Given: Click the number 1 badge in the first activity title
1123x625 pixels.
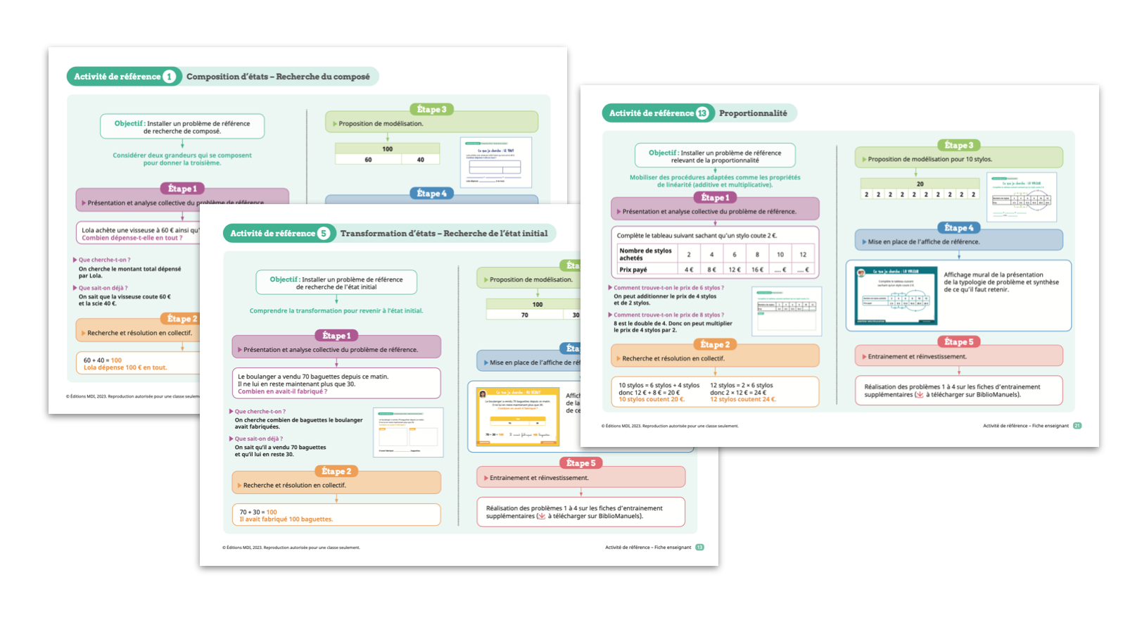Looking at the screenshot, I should point(170,77).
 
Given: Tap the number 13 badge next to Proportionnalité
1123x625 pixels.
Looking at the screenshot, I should point(702,113).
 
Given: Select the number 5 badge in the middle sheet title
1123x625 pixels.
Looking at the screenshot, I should point(324,234).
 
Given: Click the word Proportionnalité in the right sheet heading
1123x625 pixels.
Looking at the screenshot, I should point(753,113).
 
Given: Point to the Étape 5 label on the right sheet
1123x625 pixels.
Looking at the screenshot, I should point(958,342).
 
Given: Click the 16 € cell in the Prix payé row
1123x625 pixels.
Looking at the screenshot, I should point(757,270).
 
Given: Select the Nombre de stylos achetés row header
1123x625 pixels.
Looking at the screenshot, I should point(645,254).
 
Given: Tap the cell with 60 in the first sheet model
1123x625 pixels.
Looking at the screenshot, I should point(368,160).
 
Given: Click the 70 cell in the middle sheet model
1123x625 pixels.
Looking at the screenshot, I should point(524,315).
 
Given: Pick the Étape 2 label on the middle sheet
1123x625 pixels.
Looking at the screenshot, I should point(336,472).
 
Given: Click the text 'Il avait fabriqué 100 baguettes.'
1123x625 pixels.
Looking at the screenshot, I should point(286,519).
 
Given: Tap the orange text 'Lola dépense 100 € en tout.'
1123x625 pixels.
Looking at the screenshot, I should point(125,367).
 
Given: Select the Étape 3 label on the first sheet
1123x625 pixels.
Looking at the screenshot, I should point(431,109).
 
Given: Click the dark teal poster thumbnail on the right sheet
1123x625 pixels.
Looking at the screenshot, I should point(895,296).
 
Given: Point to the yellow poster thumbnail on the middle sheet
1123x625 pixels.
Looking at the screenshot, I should point(517,417).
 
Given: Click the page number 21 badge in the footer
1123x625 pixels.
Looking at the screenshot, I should point(1077,426).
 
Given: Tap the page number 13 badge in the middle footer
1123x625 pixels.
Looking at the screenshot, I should point(699,548).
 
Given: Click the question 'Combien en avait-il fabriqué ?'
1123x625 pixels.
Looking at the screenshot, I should point(282,391).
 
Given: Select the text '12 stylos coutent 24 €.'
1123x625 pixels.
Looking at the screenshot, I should point(742,400).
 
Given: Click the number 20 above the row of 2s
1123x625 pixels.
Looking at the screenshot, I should point(920,184).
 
